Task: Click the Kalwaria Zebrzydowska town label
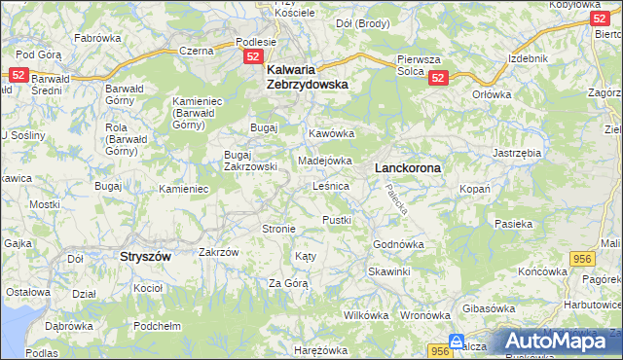click(x=307, y=77)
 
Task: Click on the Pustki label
click(x=336, y=220)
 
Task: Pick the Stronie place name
click(x=278, y=229)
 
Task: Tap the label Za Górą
click(x=288, y=283)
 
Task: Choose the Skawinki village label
click(x=389, y=271)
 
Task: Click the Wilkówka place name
click(x=366, y=315)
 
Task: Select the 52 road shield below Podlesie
click(x=253, y=58)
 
